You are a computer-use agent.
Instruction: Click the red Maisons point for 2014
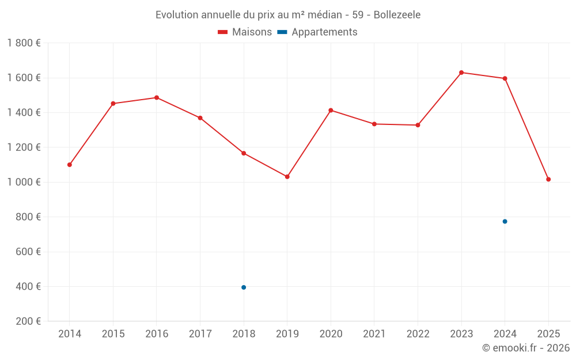point(70,165)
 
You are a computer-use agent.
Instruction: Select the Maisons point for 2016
point(157,97)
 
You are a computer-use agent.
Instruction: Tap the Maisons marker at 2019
point(287,177)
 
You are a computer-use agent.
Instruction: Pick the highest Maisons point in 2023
point(461,73)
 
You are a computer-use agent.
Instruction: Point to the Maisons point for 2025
point(548,179)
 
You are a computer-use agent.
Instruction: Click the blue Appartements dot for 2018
point(244,287)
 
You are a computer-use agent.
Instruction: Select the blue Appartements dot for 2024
point(505,221)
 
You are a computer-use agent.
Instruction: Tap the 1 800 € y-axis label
point(24,43)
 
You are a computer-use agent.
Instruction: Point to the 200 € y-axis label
point(28,321)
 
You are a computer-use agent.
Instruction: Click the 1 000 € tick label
point(24,182)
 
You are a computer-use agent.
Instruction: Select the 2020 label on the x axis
point(331,334)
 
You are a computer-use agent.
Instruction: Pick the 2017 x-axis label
point(200,334)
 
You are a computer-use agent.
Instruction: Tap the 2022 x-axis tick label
point(418,334)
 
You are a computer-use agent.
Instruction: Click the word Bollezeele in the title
point(397,15)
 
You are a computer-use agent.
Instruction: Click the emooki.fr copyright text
point(526,348)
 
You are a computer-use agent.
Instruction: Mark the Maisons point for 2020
point(331,110)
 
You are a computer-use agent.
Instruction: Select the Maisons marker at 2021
point(374,124)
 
